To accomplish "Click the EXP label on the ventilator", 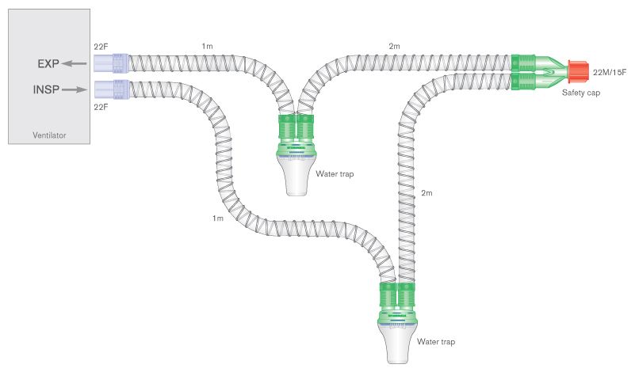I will [x=48, y=63].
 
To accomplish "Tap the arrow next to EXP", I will [x=75, y=63].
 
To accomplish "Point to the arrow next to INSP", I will [x=75, y=89].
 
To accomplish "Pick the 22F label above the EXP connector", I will [x=101, y=47].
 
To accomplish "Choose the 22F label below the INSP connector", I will [x=101, y=106].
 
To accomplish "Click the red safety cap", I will [x=577, y=72].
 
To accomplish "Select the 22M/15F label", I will [x=610, y=72].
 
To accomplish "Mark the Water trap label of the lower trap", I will [x=436, y=342].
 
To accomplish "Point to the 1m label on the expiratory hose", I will [x=208, y=47].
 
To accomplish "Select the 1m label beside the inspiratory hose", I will [x=218, y=218].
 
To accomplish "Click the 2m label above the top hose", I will [x=394, y=47].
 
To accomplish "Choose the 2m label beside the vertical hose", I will [x=427, y=193].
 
